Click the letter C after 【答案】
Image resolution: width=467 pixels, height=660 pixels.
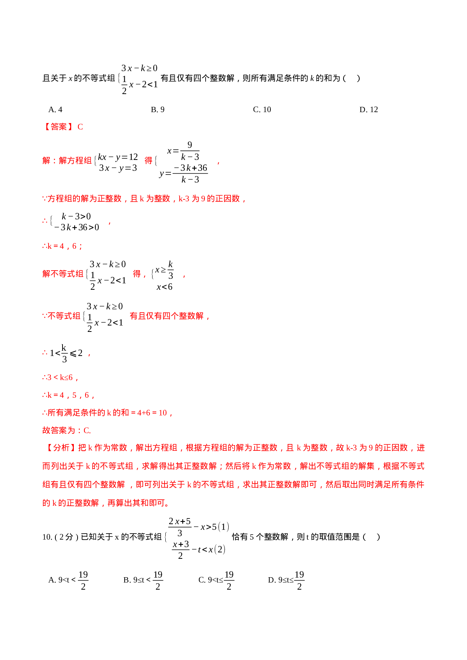[x=80, y=127]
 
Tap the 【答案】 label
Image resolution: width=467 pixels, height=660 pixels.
[x=58, y=127]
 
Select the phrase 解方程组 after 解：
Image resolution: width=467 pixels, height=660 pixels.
[x=75, y=161]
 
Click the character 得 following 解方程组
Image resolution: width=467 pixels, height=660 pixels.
[x=148, y=161]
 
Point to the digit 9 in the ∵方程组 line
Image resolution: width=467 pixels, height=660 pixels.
[x=203, y=199]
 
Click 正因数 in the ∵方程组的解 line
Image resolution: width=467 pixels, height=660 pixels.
[x=228, y=199]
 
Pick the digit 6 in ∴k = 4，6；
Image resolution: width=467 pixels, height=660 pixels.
[x=75, y=246]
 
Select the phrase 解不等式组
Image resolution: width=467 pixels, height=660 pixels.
[x=63, y=274]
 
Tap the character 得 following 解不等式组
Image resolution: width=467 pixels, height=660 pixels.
[x=137, y=274]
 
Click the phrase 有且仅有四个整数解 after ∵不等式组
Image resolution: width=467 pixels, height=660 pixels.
[x=167, y=316]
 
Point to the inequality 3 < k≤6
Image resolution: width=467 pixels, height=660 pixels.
[x=60, y=377]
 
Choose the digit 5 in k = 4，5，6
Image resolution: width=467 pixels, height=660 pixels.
[x=75, y=395]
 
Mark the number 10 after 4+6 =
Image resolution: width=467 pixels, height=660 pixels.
[x=163, y=413]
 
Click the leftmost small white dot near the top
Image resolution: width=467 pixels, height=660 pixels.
[x=150, y=111]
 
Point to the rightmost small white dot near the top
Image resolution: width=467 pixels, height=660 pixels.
[x=359, y=111]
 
